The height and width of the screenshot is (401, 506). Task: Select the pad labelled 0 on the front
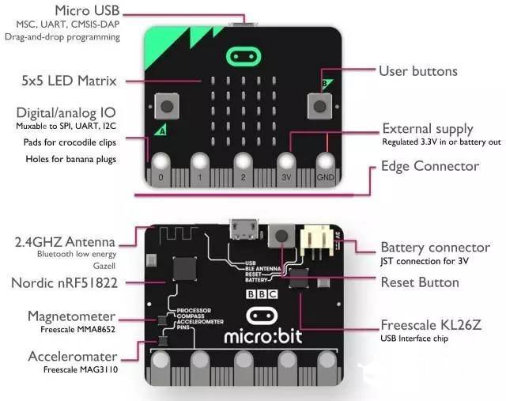pos(160,164)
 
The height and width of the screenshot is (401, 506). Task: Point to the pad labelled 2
pos(243,164)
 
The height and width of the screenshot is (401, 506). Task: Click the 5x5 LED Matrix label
pos(70,81)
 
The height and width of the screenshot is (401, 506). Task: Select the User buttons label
pos(417,71)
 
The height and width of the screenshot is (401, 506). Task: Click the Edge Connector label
pos(430,166)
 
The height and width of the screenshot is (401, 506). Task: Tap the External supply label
pos(428,128)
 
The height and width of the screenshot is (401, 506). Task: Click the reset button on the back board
pos(279,234)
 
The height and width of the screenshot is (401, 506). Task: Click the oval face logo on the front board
pos(244,56)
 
